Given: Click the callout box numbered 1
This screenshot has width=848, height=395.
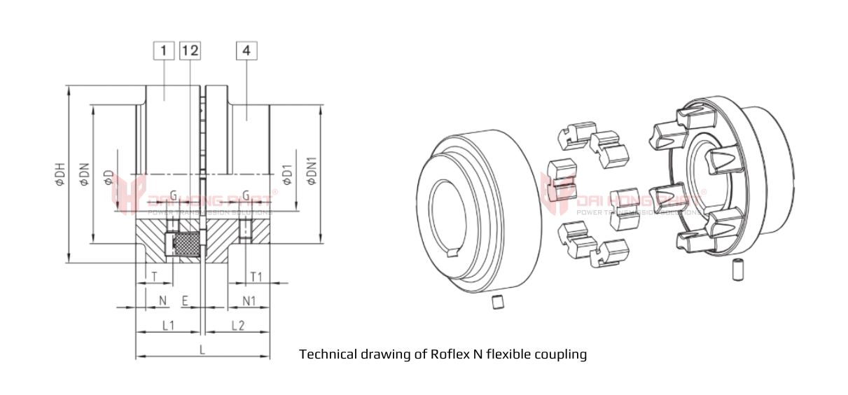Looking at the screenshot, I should pos(163,50).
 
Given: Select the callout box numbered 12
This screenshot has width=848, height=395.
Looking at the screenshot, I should pos(190,50).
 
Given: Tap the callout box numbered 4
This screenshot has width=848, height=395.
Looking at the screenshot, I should pos(247,50).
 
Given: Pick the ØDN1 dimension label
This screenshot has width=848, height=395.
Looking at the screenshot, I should pos(312,172).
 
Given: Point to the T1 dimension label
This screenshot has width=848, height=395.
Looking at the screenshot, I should pos(256,277).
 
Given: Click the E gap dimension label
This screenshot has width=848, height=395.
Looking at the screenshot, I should pos(185,300).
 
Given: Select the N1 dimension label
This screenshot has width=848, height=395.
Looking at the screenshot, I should pos(249,300).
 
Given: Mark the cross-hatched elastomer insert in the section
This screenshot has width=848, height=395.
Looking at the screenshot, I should pos(185,244).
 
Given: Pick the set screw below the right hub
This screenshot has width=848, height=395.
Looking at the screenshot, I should pos(736,270).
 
